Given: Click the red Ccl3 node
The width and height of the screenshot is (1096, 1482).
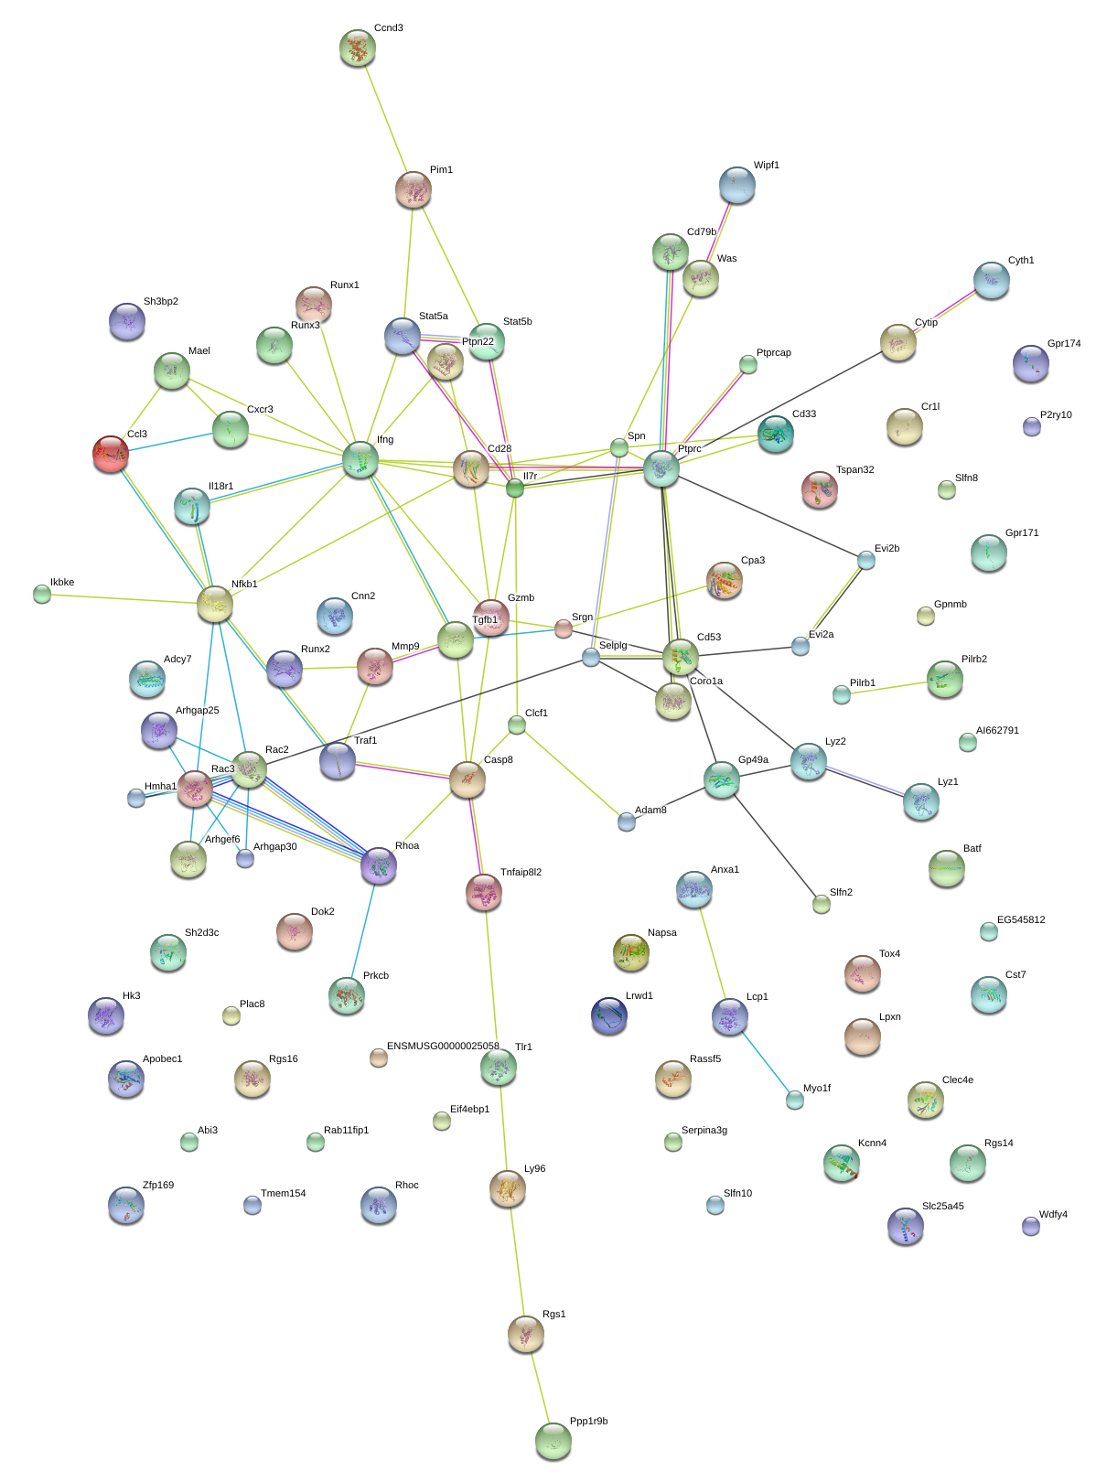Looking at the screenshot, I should click(x=111, y=453).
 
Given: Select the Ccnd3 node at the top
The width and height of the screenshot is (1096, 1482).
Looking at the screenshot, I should click(x=357, y=48).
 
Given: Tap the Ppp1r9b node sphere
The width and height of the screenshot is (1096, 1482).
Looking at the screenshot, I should click(x=553, y=1440).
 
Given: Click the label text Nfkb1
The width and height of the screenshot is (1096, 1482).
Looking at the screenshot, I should click(x=244, y=584).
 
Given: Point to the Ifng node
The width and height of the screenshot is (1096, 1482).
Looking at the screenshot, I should click(x=360, y=459).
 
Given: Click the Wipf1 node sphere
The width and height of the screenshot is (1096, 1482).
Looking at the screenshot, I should click(x=737, y=185).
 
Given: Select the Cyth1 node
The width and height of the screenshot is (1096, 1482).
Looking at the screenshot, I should click(x=991, y=280).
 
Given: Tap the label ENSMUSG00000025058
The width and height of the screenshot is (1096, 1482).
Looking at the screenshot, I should click(x=443, y=1046).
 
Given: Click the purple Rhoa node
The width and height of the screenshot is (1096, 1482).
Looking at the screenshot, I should click(x=379, y=865).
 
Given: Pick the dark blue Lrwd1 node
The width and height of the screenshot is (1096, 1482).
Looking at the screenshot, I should click(x=609, y=1015).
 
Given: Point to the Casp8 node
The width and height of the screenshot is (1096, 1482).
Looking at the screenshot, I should click(x=467, y=779).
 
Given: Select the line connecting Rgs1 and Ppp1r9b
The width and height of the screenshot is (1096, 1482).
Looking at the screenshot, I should click(x=539, y=1387).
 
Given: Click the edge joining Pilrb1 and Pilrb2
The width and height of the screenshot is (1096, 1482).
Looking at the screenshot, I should click(x=892, y=686).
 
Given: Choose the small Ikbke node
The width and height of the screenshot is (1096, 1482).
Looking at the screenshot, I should click(x=42, y=594).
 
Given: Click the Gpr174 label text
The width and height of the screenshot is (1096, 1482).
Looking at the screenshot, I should click(x=1064, y=344).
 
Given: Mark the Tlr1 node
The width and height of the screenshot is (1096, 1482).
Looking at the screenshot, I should click(x=499, y=1066).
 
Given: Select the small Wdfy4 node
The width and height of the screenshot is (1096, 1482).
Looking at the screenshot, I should click(x=1031, y=1225).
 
